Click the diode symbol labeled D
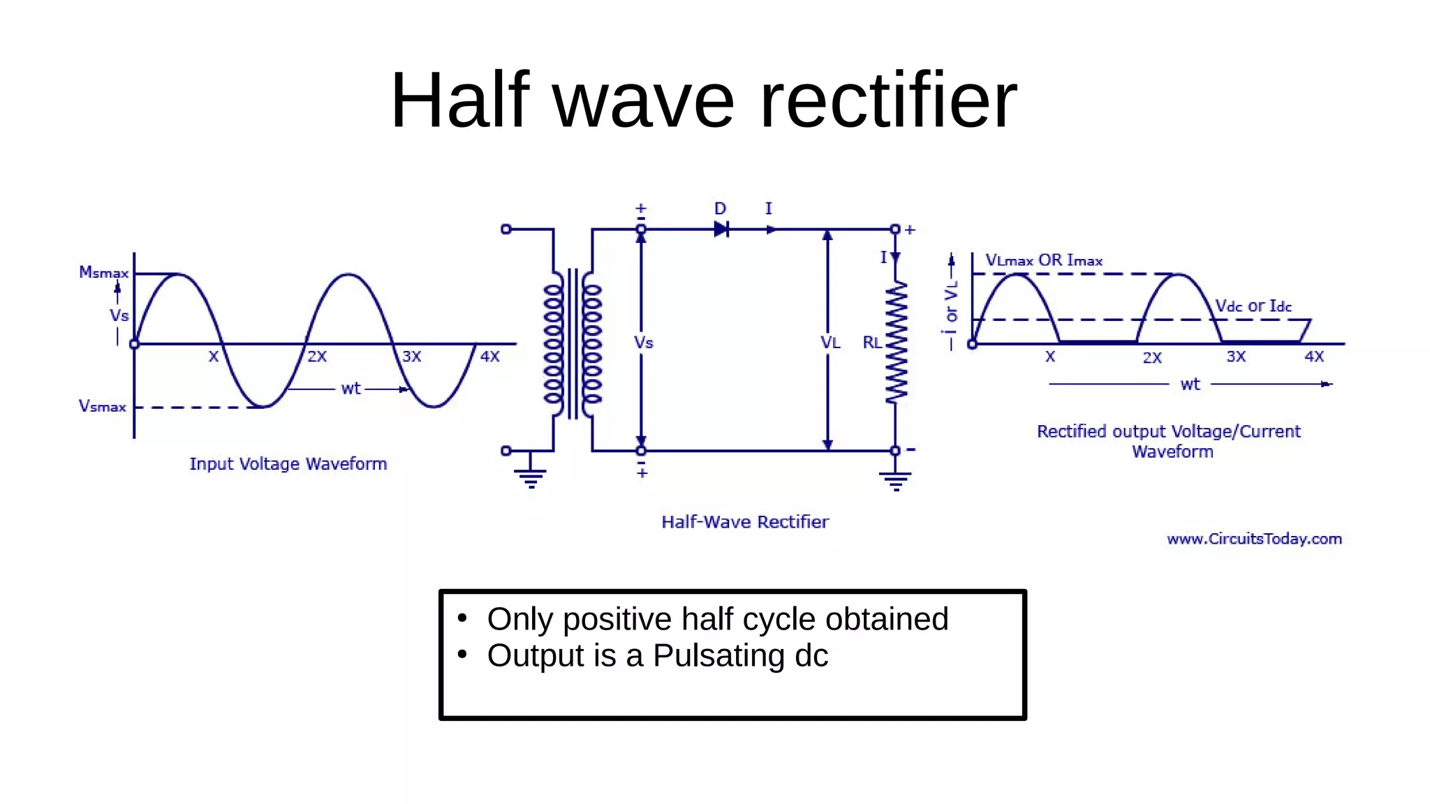tap(721, 229)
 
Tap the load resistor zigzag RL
tap(896, 342)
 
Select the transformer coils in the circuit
tap(573, 343)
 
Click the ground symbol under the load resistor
tap(896, 480)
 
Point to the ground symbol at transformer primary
tap(531, 478)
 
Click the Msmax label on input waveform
tap(103, 272)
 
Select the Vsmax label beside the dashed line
tap(103, 406)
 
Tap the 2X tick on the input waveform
tap(317, 357)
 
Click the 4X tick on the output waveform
tap(1314, 357)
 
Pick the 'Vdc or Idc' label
tap(1253, 306)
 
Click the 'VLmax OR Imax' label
tap(1044, 260)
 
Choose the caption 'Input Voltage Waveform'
tap(288, 464)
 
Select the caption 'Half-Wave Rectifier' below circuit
tap(745, 522)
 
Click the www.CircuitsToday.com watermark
tap(1254, 539)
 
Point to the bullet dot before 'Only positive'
tap(462, 618)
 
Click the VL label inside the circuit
tap(830, 343)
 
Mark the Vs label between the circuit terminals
tap(644, 343)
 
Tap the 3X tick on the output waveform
tap(1236, 357)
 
